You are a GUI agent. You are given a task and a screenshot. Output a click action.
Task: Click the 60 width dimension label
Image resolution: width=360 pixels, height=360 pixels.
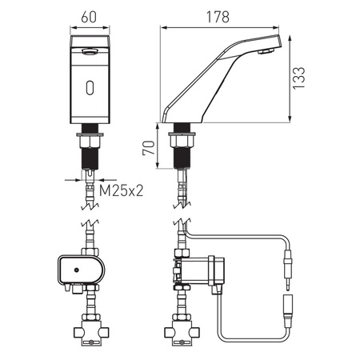tap(89, 17)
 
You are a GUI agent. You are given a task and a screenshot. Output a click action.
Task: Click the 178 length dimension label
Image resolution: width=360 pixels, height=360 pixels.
tap(218, 17)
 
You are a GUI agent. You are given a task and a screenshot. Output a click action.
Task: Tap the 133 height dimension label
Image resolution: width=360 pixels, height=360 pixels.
tap(298, 78)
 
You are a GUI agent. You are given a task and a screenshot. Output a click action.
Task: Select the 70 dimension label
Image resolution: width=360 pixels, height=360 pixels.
tap(149, 148)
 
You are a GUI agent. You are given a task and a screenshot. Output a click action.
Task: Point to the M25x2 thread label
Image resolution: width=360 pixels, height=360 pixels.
tap(122, 190)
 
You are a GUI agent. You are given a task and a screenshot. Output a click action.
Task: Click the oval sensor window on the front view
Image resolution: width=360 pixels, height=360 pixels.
tap(90, 87)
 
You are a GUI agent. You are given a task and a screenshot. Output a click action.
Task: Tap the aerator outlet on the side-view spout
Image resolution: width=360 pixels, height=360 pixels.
tap(266, 51)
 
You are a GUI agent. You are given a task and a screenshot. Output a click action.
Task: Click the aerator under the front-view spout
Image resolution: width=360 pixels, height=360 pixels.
tap(90, 51)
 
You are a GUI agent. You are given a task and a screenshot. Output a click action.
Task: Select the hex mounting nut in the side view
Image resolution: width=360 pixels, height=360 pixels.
tap(182, 140)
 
